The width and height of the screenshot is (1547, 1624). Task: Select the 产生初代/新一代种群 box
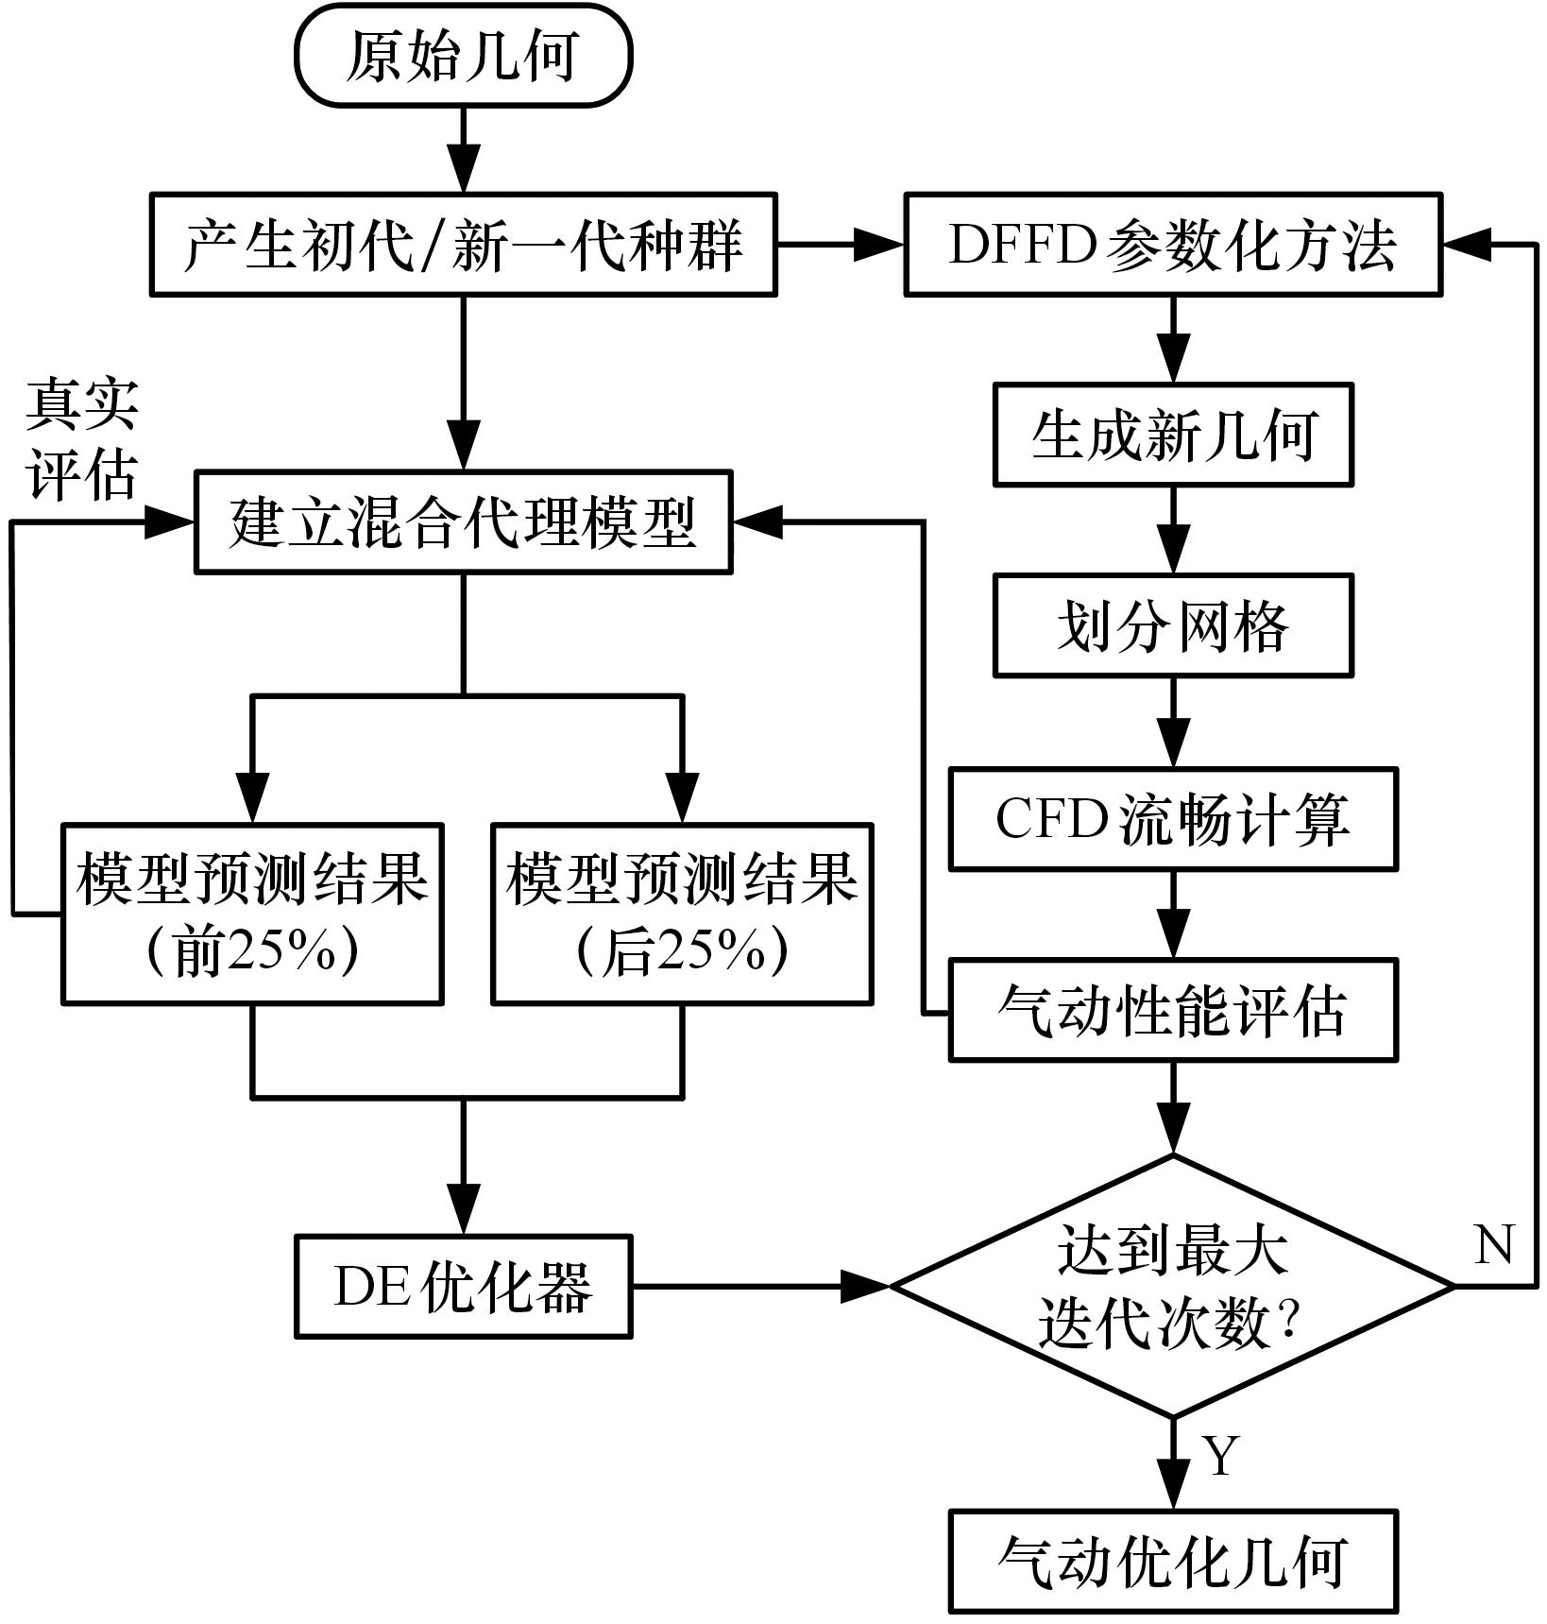click(x=463, y=245)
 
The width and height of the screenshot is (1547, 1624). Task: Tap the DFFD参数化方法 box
click(x=1173, y=245)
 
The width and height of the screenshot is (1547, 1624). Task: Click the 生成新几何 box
click(x=1173, y=435)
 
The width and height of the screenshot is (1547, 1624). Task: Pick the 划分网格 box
click(x=1173, y=625)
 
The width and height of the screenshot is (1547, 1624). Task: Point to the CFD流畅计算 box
click(x=1173, y=819)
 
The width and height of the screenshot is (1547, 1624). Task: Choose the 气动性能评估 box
click(x=1173, y=1011)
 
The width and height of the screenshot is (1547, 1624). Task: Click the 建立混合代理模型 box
click(x=463, y=522)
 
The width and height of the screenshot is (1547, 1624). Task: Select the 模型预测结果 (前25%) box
click(x=252, y=914)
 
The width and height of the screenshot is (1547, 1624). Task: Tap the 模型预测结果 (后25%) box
click(x=682, y=914)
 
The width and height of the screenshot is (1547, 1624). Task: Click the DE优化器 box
click(x=463, y=1286)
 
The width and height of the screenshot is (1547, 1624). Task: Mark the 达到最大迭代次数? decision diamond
click(x=1173, y=1286)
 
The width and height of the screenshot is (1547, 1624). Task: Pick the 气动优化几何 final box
click(x=1173, y=1561)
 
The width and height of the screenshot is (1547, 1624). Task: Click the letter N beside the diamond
click(x=1493, y=1245)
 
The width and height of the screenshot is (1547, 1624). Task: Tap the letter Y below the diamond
click(x=1222, y=1456)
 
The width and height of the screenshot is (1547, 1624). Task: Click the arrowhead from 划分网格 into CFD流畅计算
click(x=1173, y=747)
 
